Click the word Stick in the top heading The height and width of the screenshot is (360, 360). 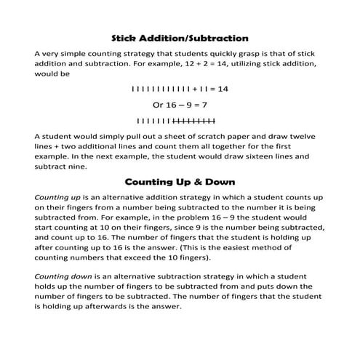(x=128, y=37)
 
